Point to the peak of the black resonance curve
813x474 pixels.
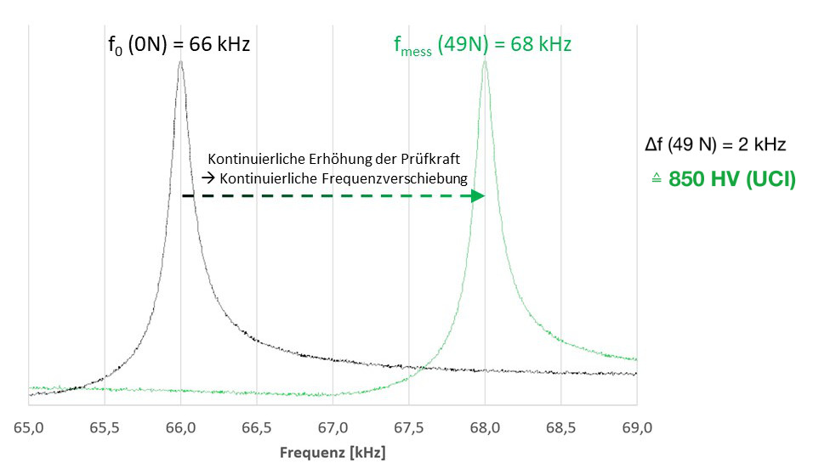click(x=180, y=62)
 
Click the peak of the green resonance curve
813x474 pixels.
click(x=485, y=62)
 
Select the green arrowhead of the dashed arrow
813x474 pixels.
click(x=478, y=196)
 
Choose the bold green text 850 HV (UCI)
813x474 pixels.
click(x=731, y=180)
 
